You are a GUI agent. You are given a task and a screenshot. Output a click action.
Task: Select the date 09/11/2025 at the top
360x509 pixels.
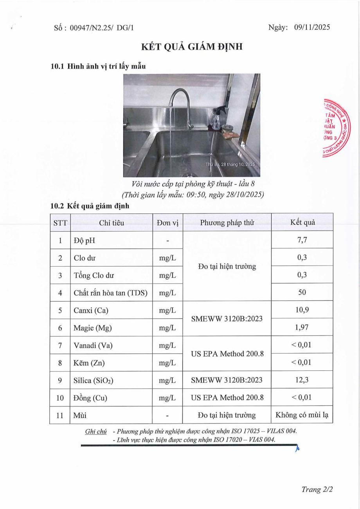pos(312,27)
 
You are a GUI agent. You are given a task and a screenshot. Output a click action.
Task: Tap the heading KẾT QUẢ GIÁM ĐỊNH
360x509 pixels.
pos(192,47)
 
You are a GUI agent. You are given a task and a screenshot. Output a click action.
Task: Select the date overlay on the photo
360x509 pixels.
pos(230,164)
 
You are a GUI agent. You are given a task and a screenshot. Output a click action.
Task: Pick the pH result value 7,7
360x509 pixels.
pos(302,240)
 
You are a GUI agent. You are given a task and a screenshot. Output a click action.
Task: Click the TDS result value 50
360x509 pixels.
pos(302,292)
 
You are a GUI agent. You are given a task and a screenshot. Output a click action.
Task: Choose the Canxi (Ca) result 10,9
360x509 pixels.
pos(302,310)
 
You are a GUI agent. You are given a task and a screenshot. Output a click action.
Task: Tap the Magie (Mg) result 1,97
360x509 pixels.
pos(302,327)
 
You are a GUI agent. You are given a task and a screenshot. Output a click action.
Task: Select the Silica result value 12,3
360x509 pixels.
pos(302,380)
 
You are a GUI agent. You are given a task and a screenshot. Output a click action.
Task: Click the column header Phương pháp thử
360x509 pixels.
pos(227,222)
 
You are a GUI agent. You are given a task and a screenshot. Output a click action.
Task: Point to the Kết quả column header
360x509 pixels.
pos(302,222)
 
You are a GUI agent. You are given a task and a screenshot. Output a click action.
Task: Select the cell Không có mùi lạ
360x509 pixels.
pos(302,415)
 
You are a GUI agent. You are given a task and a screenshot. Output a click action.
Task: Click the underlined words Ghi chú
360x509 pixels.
pos(96,431)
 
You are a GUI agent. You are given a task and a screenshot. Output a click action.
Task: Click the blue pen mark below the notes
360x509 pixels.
pos(297,449)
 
